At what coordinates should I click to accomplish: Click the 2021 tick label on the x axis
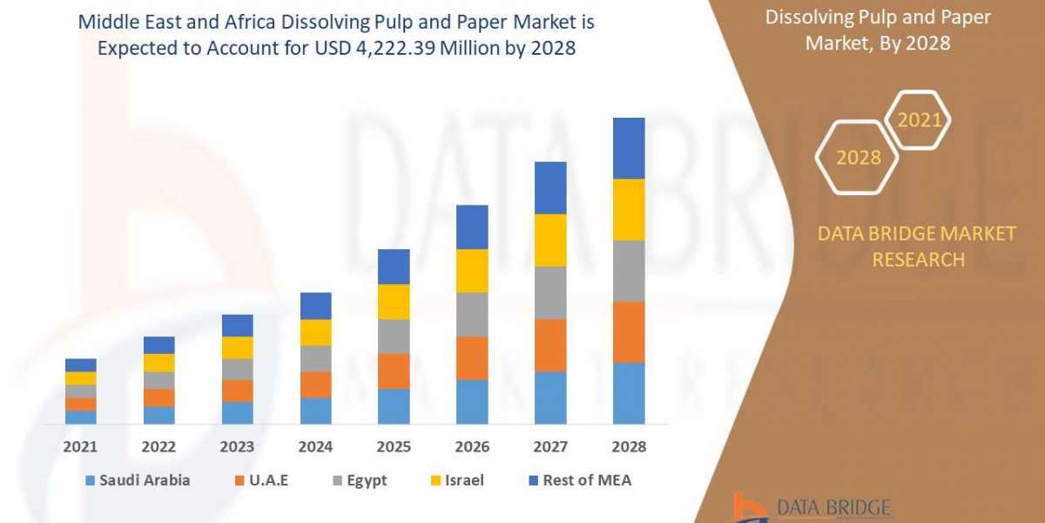tap(80, 446)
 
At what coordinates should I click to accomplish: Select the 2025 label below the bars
tap(394, 446)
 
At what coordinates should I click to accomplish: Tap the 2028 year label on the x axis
tap(629, 446)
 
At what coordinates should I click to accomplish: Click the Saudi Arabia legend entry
tap(138, 480)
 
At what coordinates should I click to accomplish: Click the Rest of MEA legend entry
tap(579, 480)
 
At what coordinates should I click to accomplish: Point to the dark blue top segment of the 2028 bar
tap(629, 148)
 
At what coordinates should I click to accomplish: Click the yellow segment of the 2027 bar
tap(550, 240)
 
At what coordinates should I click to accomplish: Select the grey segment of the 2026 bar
tap(472, 314)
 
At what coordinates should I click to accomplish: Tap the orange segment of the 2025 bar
tap(394, 371)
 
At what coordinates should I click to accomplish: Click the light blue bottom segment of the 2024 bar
tap(315, 411)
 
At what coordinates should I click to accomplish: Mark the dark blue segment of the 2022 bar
tap(158, 345)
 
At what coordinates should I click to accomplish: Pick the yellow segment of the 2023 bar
tap(237, 348)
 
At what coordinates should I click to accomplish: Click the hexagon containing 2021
tap(919, 120)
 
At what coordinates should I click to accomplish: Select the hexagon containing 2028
tap(857, 158)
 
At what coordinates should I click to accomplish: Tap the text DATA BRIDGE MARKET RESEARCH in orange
tap(917, 246)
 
